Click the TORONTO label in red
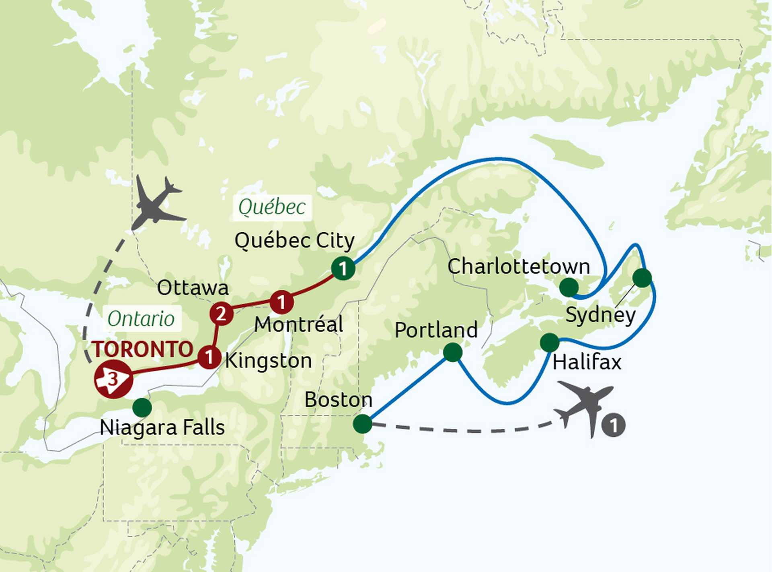[x=143, y=349]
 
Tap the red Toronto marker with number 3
[x=113, y=379]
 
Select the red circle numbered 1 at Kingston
[x=209, y=356]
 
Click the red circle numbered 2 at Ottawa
[x=221, y=314]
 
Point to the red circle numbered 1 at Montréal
[x=281, y=301]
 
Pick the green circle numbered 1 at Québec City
[x=343, y=268]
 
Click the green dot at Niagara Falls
[x=142, y=407]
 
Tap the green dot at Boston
[x=362, y=423]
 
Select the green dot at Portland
[x=453, y=352]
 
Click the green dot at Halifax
[x=550, y=343]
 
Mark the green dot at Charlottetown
[x=569, y=287]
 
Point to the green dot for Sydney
[x=642, y=278]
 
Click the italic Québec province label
[x=272, y=208]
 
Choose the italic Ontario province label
[x=141, y=319]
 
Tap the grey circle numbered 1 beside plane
[x=614, y=425]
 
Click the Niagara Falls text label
[x=162, y=427]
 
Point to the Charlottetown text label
[x=519, y=266]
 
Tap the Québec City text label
[x=294, y=241]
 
